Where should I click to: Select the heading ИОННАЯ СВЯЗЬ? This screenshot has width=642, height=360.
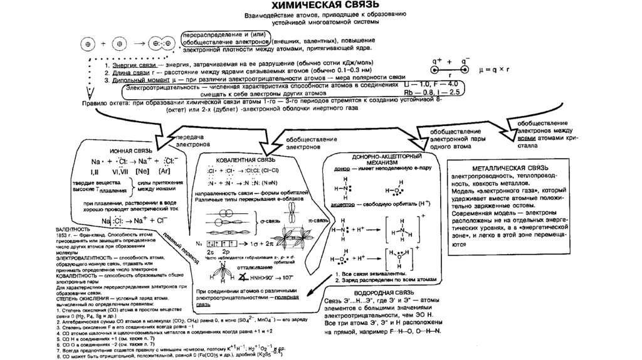click(x=130, y=152)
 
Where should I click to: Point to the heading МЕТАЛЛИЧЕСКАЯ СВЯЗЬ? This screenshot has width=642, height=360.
click(x=505, y=170)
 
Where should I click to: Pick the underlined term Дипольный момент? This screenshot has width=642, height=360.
click(x=142, y=80)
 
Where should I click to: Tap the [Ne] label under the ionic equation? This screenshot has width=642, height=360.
click(x=142, y=171)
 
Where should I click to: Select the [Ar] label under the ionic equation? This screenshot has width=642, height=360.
click(x=166, y=171)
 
